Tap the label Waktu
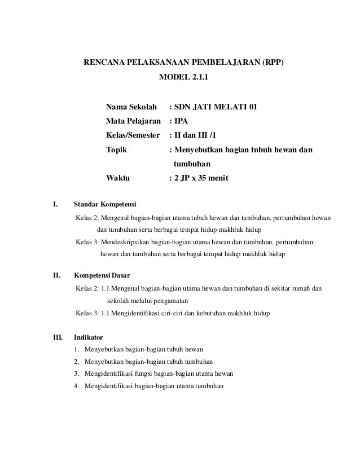(118, 178)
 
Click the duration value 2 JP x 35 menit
(201, 178)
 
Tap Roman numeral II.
(56, 276)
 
